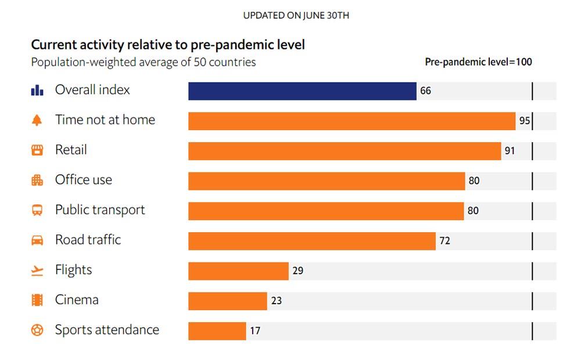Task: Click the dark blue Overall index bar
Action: click(x=302, y=91)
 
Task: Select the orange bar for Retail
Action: click(x=345, y=151)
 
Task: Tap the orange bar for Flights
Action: click(x=238, y=271)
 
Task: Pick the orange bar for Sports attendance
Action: click(x=217, y=331)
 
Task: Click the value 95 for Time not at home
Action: click(x=525, y=121)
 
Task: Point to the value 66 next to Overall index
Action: click(x=426, y=91)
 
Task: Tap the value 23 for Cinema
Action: click(x=276, y=301)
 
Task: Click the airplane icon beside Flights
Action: click(x=37, y=271)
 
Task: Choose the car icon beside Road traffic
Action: click(x=37, y=240)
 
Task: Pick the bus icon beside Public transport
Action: click(x=37, y=210)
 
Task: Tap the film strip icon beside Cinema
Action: click(x=37, y=300)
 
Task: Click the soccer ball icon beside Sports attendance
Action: click(x=37, y=330)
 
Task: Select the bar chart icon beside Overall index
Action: click(x=37, y=91)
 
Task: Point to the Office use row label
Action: click(x=84, y=180)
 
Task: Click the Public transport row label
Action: click(x=100, y=210)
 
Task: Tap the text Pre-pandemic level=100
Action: click(x=478, y=62)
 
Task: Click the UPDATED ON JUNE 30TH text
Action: click(x=296, y=16)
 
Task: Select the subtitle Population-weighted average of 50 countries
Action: click(x=144, y=62)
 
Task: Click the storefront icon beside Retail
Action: click(x=37, y=150)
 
